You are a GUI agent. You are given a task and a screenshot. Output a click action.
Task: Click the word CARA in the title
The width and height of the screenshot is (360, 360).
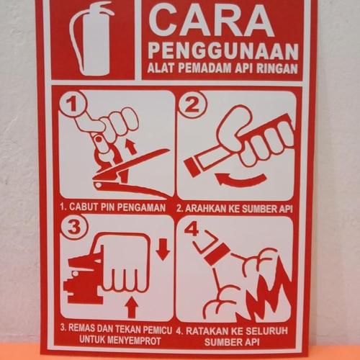pos(217,23)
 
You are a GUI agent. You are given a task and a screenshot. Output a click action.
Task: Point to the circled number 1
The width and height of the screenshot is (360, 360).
pos(71,106)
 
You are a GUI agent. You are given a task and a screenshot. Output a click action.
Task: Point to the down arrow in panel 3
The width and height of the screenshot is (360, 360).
pos(163,250)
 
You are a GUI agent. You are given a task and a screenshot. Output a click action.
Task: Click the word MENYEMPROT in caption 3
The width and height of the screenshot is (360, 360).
pos(127,340)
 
